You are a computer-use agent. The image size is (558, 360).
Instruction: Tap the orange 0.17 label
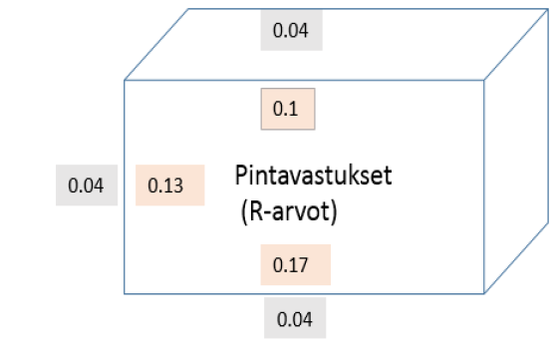[294, 265]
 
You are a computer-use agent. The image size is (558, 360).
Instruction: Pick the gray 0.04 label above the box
[291, 31]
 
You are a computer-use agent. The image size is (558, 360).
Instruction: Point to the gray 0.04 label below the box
[294, 320]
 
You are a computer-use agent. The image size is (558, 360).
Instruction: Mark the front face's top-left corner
[125, 80]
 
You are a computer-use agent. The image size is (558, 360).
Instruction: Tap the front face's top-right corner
[484, 80]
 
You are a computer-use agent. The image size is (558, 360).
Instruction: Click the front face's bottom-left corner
[125, 293]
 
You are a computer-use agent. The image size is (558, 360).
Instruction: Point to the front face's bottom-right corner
[484, 293]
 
